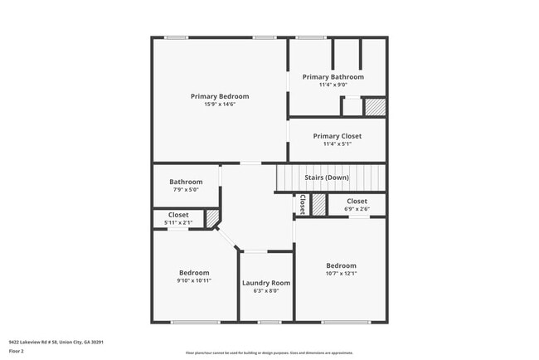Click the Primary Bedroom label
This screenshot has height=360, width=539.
(x=219, y=96)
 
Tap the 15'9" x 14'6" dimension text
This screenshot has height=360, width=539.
(x=219, y=104)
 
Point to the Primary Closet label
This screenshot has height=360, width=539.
(x=337, y=136)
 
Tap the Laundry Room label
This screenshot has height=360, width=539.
(x=266, y=283)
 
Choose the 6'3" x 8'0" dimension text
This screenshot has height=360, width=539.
(x=266, y=290)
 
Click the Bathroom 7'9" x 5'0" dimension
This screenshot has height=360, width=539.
(x=186, y=189)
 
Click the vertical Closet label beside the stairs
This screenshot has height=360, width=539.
(x=303, y=204)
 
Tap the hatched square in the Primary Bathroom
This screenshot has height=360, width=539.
(x=376, y=107)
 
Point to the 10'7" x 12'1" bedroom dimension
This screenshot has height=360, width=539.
(x=341, y=273)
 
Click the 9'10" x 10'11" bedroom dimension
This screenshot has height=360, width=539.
(x=194, y=280)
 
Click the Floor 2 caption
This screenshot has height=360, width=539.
(x=17, y=351)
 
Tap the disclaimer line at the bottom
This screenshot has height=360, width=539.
(x=269, y=353)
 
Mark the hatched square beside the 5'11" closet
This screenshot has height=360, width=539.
(x=212, y=217)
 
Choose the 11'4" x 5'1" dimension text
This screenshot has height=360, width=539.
(x=337, y=144)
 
